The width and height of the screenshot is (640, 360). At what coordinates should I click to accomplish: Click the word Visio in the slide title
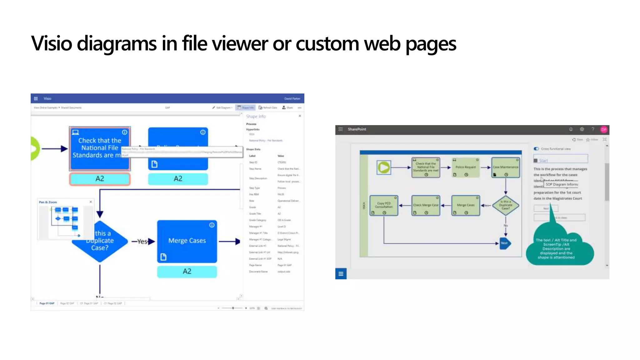pyautogui.click(x=52, y=43)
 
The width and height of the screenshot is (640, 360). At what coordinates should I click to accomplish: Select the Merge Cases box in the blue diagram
pyautogui.click(x=187, y=241)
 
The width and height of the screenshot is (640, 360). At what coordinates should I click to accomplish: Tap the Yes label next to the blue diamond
pyautogui.click(x=142, y=242)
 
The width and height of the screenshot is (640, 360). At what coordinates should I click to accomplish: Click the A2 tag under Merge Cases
pyautogui.click(x=187, y=271)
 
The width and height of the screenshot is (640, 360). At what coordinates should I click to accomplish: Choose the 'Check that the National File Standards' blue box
pyautogui.click(x=99, y=148)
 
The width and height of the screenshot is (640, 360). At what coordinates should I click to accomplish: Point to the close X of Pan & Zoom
pyautogui.click(x=91, y=202)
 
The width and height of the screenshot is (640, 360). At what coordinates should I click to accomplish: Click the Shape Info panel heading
pyautogui.click(x=256, y=116)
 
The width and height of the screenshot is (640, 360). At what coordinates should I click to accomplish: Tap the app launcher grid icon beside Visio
pyautogui.click(x=36, y=98)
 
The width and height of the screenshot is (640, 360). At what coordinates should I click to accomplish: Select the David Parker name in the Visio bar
pyautogui.click(x=292, y=98)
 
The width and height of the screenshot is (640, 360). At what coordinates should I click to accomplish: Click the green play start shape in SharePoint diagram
pyautogui.click(x=384, y=167)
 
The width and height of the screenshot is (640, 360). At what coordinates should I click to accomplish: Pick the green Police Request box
pyautogui.click(x=466, y=167)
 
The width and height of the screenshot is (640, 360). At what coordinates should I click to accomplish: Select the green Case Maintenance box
pyautogui.click(x=506, y=167)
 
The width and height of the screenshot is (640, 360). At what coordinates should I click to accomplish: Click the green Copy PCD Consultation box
pyautogui.click(x=384, y=205)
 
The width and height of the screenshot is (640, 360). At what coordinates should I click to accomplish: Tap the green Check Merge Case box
pyautogui.click(x=426, y=205)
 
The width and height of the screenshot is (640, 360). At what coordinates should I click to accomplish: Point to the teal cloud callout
pyautogui.click(x=559, y=248)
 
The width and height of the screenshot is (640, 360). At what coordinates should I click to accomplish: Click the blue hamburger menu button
pyautogui.click(x=341, y=274)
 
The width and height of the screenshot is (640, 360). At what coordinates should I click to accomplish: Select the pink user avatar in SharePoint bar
pyautogui.click(x=604, y=129)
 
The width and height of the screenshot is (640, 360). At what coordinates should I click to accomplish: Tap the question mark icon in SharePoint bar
pyautogui.click(x=593, y=129)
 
